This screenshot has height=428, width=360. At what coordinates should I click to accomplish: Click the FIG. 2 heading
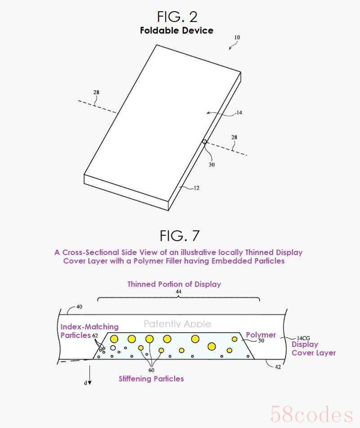[x=177, y=17]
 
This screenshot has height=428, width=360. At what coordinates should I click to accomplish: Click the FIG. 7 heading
[x=180, y=236]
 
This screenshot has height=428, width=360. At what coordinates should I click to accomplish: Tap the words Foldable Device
[x=177, y=30]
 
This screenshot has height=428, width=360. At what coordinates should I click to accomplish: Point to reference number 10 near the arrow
[x=237, y=37]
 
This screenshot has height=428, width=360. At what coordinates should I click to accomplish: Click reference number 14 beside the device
[x=239, y=113]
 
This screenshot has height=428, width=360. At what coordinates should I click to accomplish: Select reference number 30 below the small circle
[x=211, y=164]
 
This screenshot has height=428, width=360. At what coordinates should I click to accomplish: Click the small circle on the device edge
[x=204, y=141]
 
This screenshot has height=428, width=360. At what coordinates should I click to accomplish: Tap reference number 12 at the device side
[x=196, y=188]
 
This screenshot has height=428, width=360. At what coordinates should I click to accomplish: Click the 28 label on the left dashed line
[x=96, y=92]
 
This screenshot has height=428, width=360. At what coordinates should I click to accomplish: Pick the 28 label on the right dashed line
[x=234, y=137]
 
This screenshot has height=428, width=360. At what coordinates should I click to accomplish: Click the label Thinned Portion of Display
[x=174, y=284]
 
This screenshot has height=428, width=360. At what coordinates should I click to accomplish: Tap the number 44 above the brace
[x=178, y=291]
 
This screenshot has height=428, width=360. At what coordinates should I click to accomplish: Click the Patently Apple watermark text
[x=177, y=324]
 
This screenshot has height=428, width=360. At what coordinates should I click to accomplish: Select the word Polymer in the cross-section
[x=261, y=335]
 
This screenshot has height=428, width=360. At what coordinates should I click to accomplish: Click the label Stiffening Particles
[x=151, y=378]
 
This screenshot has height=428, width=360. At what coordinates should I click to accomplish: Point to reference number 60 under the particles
[x=151, y=370]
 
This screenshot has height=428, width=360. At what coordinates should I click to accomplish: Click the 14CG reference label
[x=303, y=338]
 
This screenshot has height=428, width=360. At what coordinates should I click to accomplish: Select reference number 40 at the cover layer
[x=79, y=307]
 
